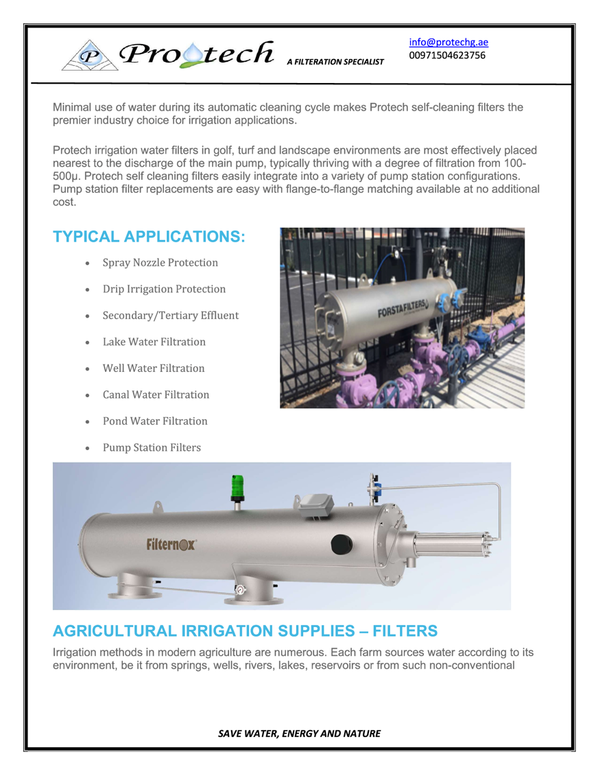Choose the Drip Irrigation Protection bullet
(x=164, y=289)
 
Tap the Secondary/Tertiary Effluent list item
(x=170, y=316)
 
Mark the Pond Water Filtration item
(x=155, y=421)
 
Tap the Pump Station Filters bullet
(x=152, y=447)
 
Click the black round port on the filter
(x=342, y=543)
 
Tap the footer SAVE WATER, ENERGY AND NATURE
(x=298, y=733)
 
